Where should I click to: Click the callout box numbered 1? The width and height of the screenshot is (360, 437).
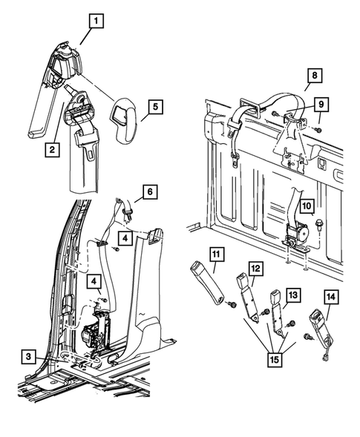[96, 21]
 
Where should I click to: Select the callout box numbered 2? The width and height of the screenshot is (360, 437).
[52, 149]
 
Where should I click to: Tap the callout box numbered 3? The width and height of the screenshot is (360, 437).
[28, 356]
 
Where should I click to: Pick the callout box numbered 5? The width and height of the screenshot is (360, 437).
[155, 106]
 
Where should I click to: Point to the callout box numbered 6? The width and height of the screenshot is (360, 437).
[150, 191]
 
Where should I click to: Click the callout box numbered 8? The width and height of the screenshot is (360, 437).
[315, 76]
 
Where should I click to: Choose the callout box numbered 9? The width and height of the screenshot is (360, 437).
[321, 104]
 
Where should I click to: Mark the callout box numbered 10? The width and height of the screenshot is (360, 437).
[307, 206]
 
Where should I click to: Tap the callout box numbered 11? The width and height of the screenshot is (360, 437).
[217, 254]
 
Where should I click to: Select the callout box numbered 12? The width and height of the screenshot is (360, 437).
[255, 269]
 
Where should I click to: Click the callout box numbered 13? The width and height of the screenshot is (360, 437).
[293, 295]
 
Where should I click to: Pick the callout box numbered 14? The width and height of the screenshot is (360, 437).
[331, 297]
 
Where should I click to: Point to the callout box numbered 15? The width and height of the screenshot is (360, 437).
[275, 360]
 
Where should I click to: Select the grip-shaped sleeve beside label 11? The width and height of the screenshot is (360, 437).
[207, 283]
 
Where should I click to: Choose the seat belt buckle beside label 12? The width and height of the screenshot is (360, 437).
[248, 298]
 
